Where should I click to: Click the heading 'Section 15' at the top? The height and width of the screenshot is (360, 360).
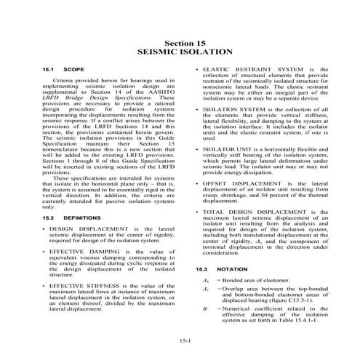pyautogui.click(x=180, y=44)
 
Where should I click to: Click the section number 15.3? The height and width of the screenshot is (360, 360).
pyautogui.click(x=207, y=268)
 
